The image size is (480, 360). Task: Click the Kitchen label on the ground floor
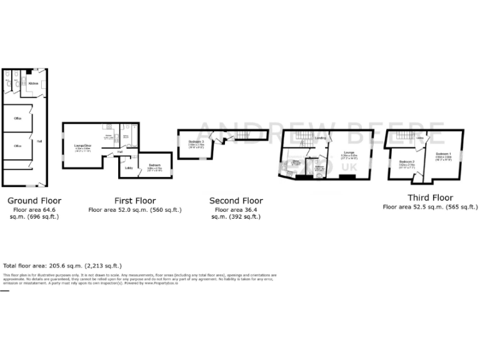click(33, 83)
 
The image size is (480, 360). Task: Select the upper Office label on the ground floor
click(19, 117)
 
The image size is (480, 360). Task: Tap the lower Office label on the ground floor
click(19, 146)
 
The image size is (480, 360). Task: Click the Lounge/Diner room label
click(83, 146)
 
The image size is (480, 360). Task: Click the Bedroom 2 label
click(405, 162)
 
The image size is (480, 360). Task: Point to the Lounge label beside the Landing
click(348, 152)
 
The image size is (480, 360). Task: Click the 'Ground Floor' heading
click(34, 201)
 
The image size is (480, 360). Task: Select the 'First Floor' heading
click(134, 201)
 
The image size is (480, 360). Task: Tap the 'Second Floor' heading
click(236, 201)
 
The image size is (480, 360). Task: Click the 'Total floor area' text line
click(62, 266)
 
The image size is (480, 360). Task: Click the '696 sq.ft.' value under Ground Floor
click(42, 217)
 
